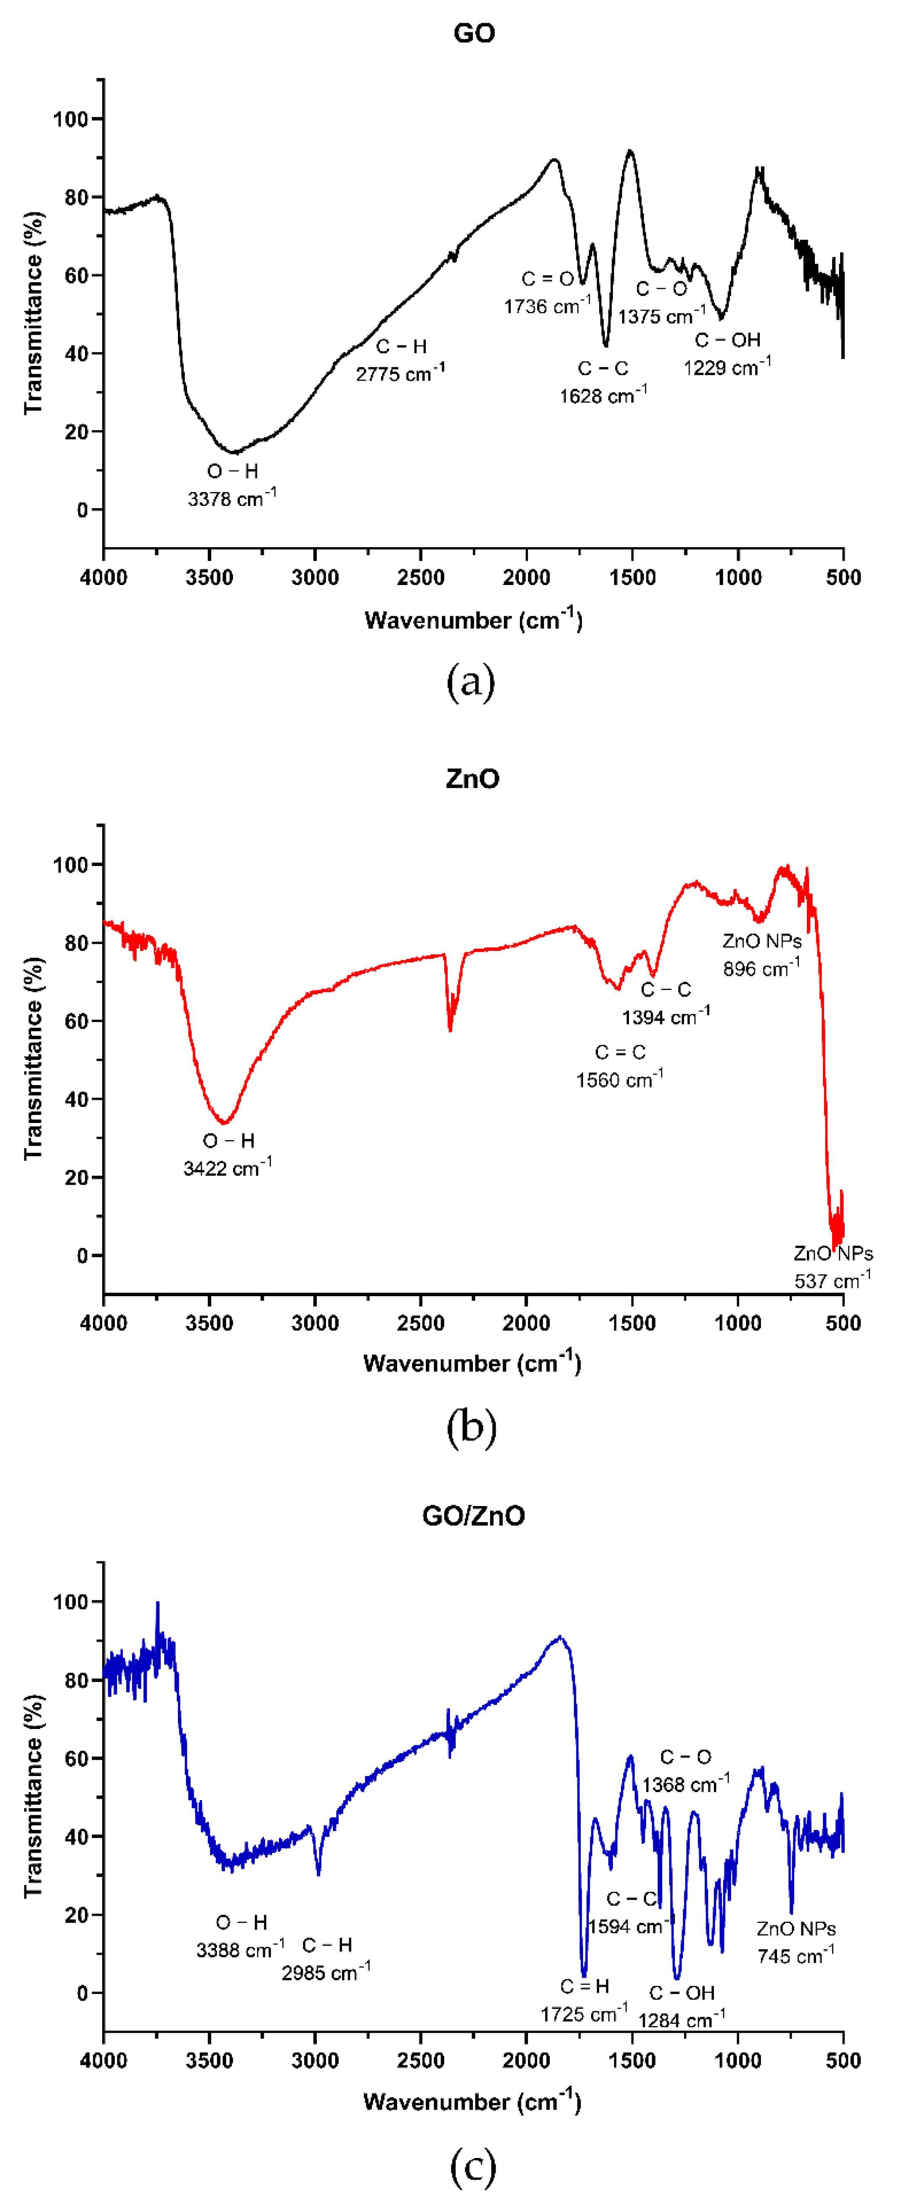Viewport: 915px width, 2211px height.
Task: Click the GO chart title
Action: coord(474,34)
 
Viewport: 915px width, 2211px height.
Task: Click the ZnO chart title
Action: coord(472,778)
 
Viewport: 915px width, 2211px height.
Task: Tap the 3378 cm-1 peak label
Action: coord(232,498)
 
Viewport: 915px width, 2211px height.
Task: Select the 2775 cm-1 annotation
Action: coord(400,373)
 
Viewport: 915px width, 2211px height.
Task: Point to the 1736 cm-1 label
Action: coord(547,306)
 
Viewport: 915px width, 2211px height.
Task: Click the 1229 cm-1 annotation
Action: coord(727,367)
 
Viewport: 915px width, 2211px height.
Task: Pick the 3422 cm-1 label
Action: coord(228,1167)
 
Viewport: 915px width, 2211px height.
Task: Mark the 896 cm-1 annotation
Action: coord(761,968)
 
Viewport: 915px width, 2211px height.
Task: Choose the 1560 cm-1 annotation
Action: coord(619,1079)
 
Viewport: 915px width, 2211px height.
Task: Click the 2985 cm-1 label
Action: coord(326,1973)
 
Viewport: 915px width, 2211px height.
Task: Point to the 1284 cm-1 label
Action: coord(682,2020)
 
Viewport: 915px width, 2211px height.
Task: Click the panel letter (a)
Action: coord(471,682)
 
